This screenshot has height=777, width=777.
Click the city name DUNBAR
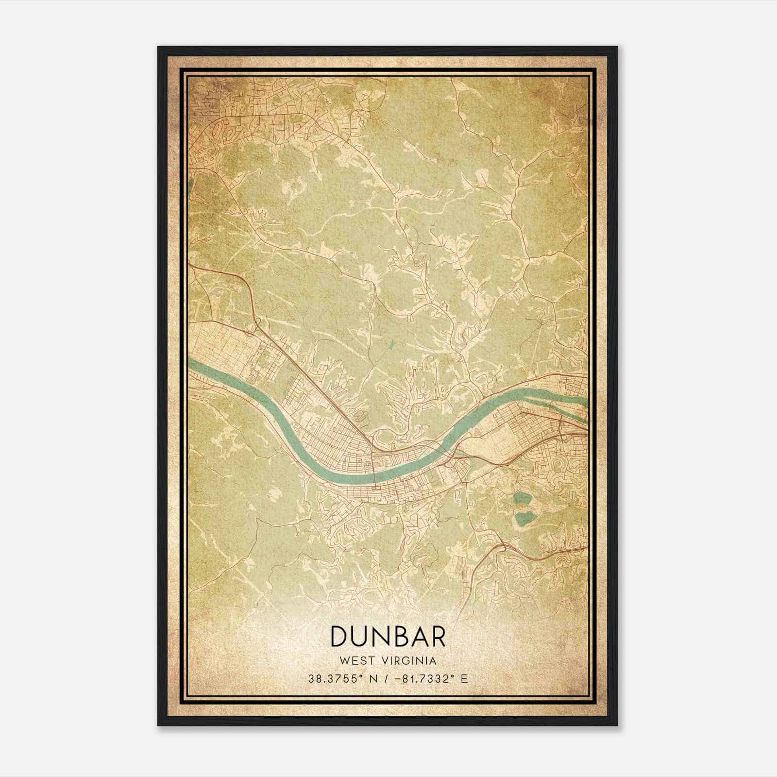click(388, 636)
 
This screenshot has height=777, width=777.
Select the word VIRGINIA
click(410, 661)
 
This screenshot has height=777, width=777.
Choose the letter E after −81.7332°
click(465, 679)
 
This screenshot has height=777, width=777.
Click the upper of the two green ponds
click(522, 498)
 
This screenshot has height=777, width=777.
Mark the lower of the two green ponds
click(523, 519)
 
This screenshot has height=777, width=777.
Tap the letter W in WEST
click(345, 661)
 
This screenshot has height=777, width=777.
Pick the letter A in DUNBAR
click(418, 636)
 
